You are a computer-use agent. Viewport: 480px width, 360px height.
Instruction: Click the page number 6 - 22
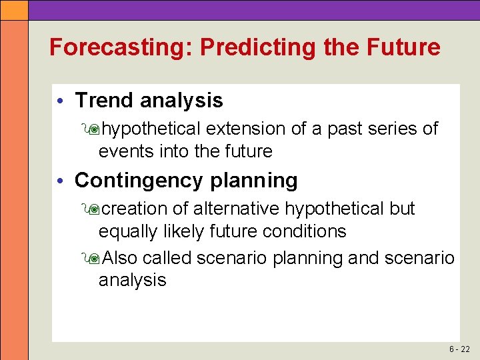coord(459,349)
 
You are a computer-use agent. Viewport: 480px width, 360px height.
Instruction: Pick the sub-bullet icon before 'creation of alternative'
coord(91,209)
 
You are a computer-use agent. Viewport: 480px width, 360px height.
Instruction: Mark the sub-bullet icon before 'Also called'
coord(91,258)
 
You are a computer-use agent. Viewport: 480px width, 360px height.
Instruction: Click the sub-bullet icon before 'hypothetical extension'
coord(91,129)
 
